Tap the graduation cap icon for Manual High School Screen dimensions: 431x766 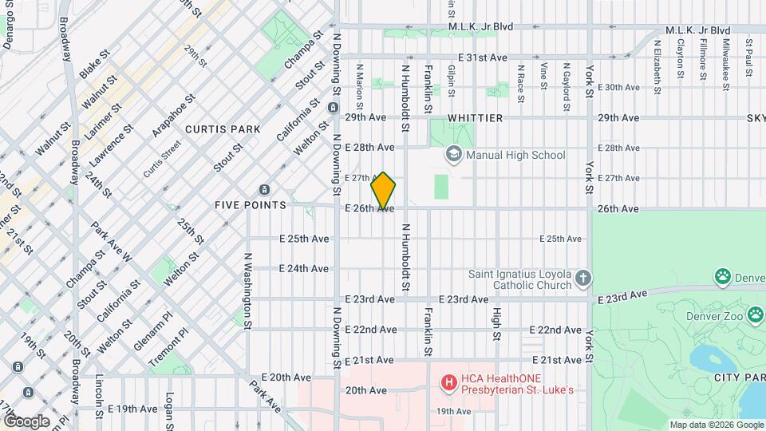pos(454,155)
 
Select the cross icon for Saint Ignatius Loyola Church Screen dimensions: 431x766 pos(583,279)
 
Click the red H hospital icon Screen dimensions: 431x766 pos(449,383)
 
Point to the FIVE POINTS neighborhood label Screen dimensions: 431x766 pos(251,205)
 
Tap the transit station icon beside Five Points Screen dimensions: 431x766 pos(264,190)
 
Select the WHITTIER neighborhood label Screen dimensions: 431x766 pos(475,118)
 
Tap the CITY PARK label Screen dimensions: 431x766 pos(738,376)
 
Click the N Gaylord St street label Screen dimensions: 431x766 pos(566,87)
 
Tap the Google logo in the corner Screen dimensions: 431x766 pos(26,421)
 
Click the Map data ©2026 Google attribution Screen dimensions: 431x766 pos(716,425)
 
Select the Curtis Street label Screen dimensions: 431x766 pos(163,162)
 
